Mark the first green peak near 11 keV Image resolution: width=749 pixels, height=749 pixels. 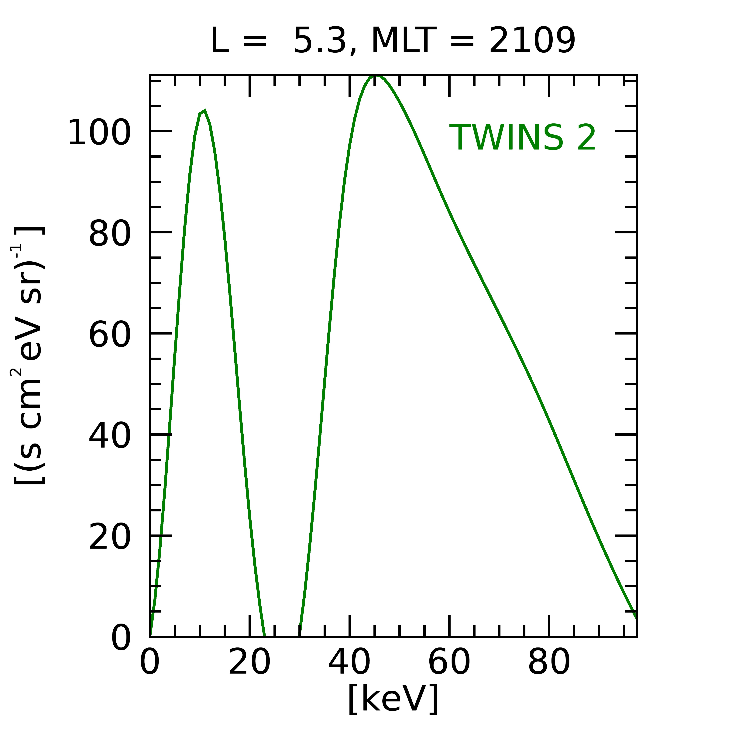point(204,111)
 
